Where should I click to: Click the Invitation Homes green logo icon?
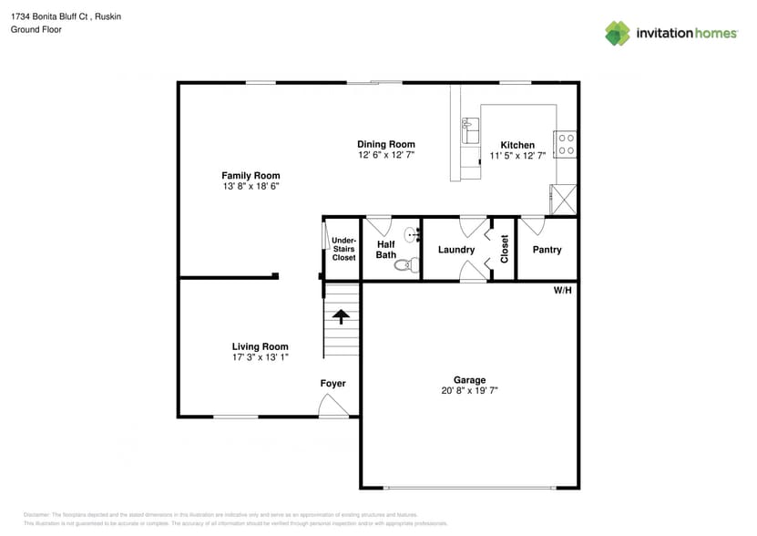pos(618,33)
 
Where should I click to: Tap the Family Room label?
pos(251,175)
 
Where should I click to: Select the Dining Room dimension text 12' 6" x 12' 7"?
pos(385,156)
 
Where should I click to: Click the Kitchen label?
pos(517,145)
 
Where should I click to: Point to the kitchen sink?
pos(471,132)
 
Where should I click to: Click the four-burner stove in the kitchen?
pos(565,144)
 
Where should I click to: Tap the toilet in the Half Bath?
pos(410,265)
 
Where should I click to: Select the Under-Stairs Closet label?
pos(343,249)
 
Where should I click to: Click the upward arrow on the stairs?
pos(342,316)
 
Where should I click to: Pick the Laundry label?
pos(456,250)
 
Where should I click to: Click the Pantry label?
pos(547,250)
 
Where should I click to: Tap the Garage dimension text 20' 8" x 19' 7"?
pos(470,390)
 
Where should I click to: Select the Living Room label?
pos(260,346)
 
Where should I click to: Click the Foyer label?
pos(332,384)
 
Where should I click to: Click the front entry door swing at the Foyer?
pos(333,409)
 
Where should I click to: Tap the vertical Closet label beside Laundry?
pos(504,249)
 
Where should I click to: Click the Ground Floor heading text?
pos(35,29)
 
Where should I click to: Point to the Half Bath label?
pos(386,249)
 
